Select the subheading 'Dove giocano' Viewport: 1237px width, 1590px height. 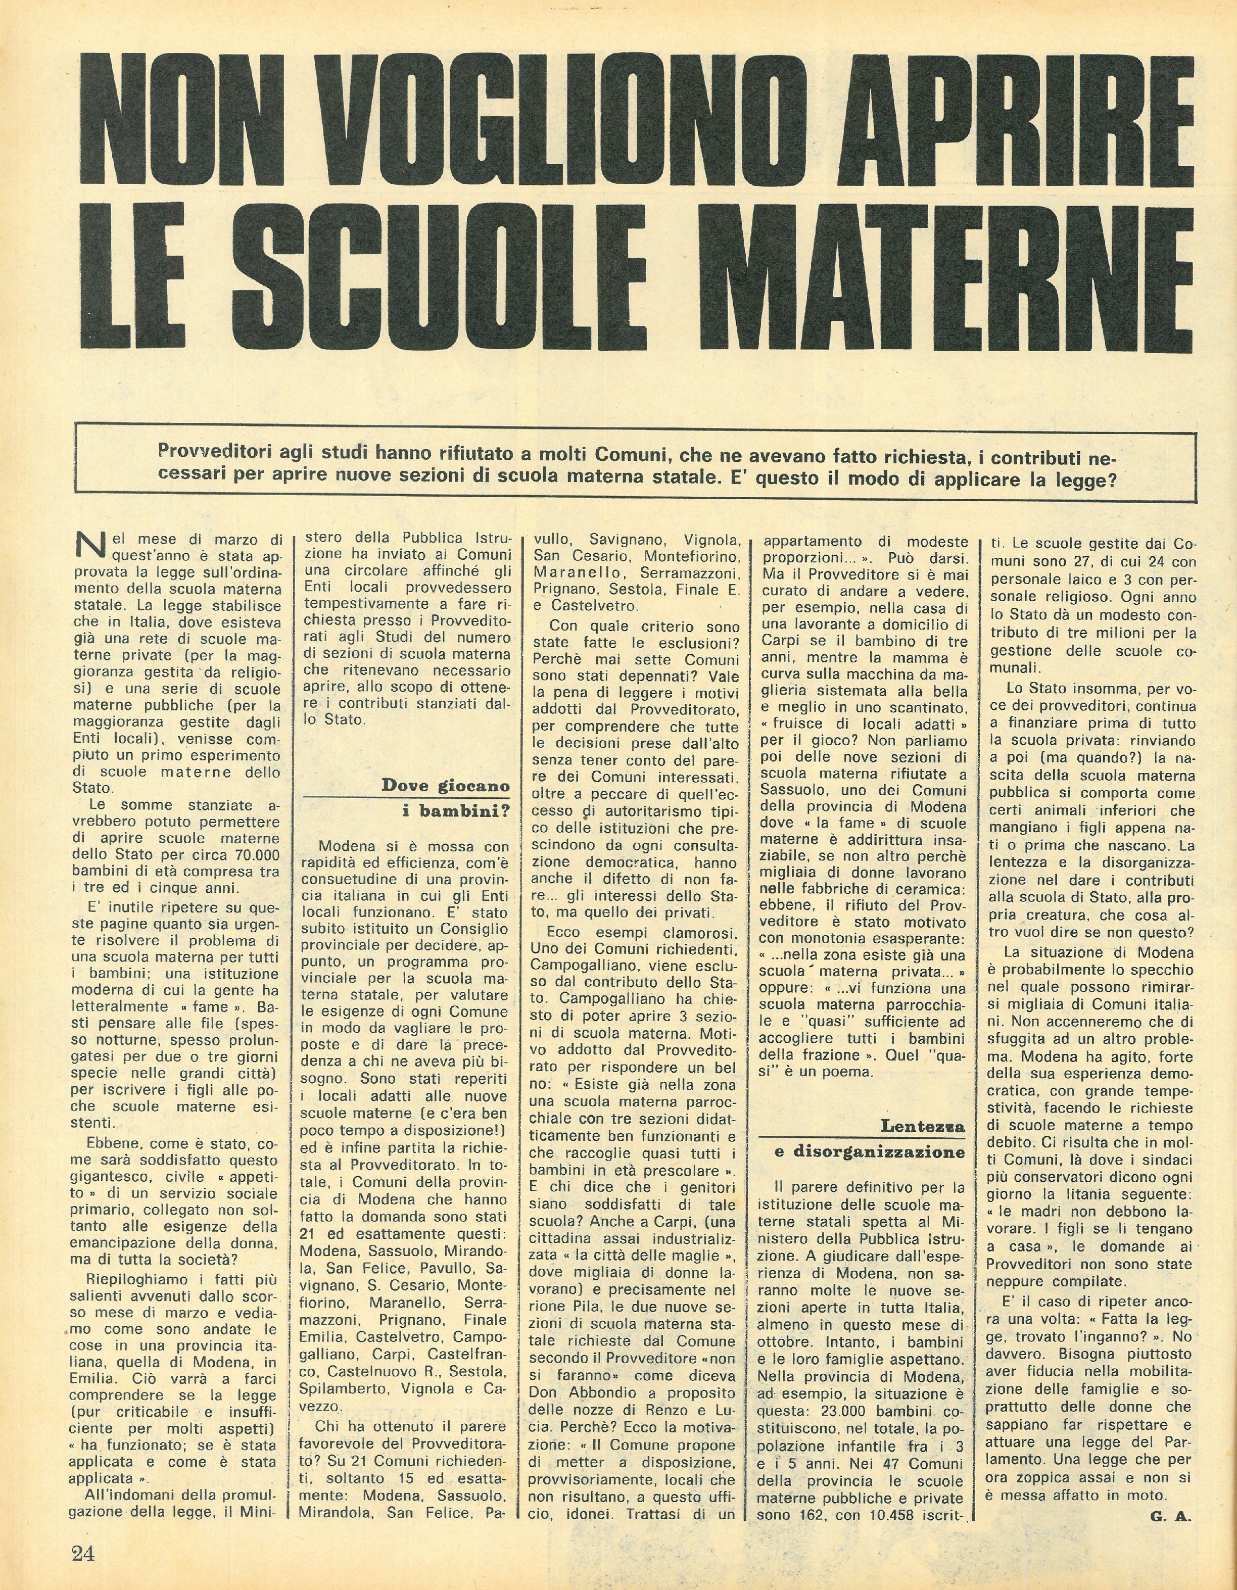coord(446,786)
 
